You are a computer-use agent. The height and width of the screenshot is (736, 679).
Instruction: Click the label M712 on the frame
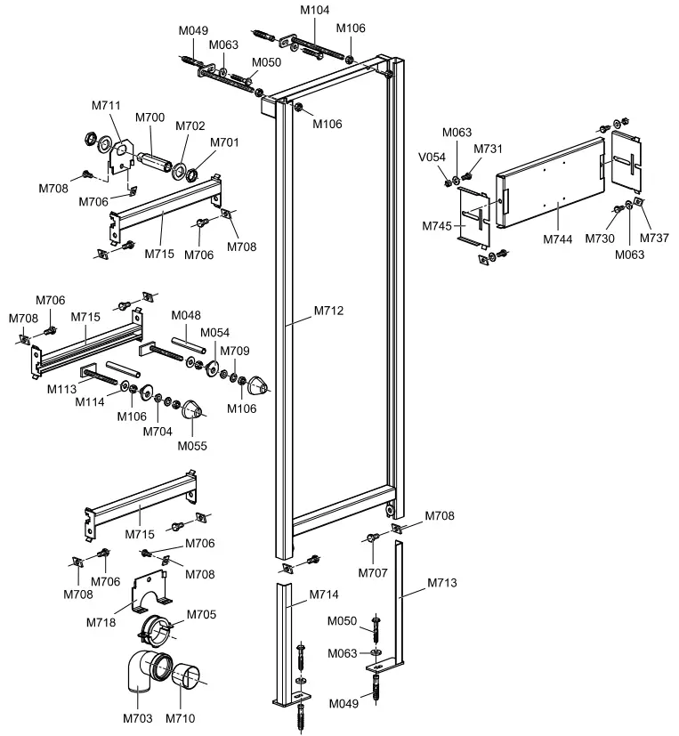329,311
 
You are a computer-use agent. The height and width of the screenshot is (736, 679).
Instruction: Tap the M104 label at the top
314,10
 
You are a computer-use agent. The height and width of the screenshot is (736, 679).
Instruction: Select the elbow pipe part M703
139,680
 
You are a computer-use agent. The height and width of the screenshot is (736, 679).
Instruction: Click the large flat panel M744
552,178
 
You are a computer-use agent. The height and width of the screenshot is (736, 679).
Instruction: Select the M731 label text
488,149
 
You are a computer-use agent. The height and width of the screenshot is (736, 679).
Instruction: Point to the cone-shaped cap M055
193,410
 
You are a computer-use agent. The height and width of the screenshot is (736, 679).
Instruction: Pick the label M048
187,315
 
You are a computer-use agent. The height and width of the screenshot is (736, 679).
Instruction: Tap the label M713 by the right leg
442,583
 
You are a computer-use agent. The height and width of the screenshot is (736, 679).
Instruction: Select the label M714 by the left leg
324,594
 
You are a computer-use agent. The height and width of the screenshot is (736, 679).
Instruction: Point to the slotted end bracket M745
476,218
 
